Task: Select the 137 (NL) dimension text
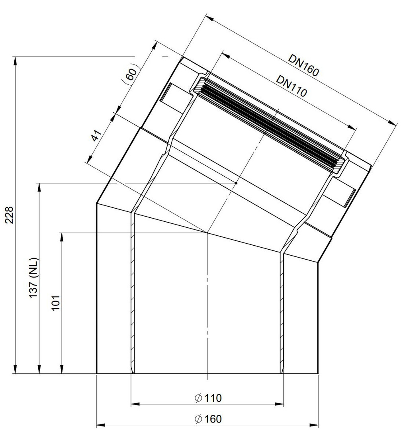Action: click(x=33, y=278)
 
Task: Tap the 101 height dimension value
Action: click(x=56, y=303)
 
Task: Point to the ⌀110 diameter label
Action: click(x=208, y=398)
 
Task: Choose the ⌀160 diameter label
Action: click(x=208, y=419)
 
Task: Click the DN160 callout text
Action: click(x=303, y=65)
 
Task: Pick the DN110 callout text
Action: click(x=291, y=86)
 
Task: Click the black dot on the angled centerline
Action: click(x=236, y=183)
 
